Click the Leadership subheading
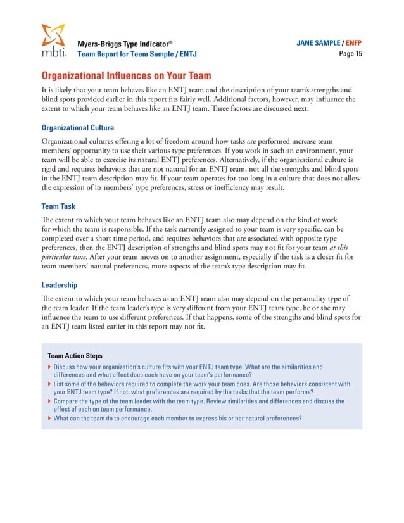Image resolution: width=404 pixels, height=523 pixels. click(60, 286)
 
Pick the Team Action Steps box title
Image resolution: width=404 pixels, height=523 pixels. click(75, 356)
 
